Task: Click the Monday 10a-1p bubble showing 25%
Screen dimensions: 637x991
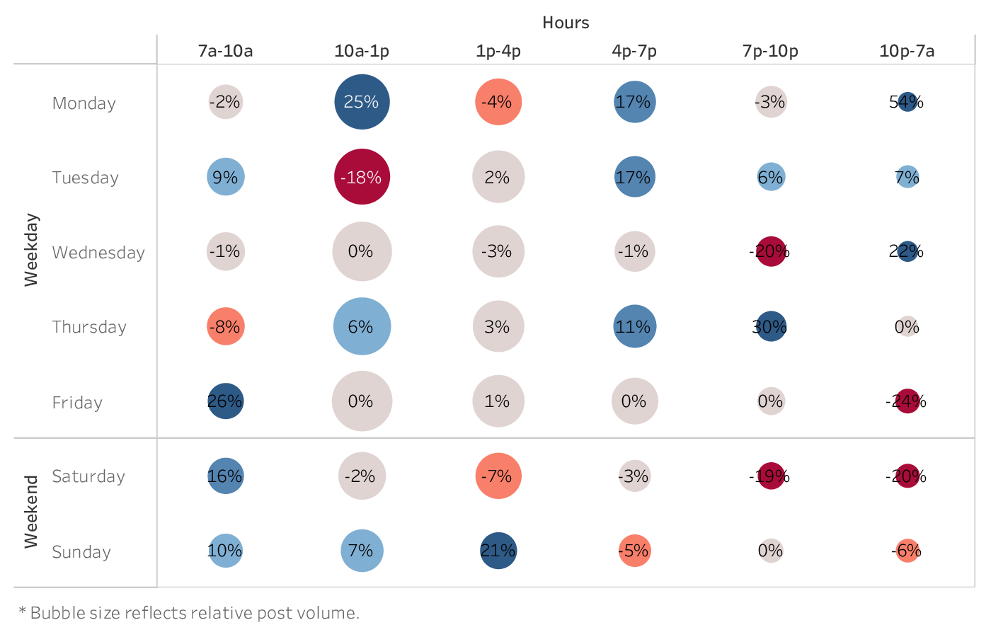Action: tap(362, 102)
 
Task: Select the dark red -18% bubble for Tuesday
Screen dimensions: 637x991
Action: tap(362, 177)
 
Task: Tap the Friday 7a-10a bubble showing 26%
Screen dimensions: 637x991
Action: tap(225, 401)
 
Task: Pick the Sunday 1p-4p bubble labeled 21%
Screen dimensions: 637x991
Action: tap(498, 551)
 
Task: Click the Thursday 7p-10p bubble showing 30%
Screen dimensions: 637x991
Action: tap(771, 326)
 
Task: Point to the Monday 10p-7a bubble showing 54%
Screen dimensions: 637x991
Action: tap(907, 102)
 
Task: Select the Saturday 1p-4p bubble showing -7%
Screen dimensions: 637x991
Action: tap(498, 476)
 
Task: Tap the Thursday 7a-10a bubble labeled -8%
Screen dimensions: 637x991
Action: tap(225, 326)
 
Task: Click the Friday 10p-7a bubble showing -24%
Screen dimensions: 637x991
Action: tap(907, 401)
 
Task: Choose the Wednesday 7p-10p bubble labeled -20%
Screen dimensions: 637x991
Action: tap(771, 251)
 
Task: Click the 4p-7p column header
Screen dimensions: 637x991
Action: tap(634, 51)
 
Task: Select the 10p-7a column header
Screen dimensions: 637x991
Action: tap(907, 51)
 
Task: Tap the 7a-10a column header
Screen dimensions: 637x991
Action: tap(225, 51)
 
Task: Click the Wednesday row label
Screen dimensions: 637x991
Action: tap(98, 253)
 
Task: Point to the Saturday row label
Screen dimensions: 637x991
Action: tap(88, 476)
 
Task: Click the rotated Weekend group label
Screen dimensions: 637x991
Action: tap(31, 512)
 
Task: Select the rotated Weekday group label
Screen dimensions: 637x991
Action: tap(31, 250)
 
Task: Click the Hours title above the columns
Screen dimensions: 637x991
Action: tap(566, 23)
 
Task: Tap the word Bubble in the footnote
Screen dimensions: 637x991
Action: tap(50, 613)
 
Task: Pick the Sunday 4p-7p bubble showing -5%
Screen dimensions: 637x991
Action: tap(634, 551)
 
